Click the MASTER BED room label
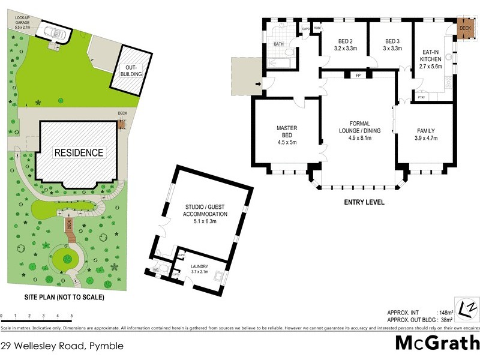287,135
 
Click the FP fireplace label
358,76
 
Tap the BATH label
278,44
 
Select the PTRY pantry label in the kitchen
421,97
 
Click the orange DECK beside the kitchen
465,28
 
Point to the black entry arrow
259,84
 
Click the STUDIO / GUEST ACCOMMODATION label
206,214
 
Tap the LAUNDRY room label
199,269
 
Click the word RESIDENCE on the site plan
79,152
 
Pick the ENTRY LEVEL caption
364,202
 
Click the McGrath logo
437,343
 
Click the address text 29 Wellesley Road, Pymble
62,346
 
